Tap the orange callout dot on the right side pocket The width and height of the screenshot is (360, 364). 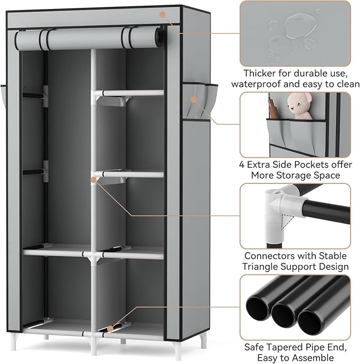point(194,99)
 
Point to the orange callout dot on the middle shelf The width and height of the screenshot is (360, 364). point(94,180)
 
